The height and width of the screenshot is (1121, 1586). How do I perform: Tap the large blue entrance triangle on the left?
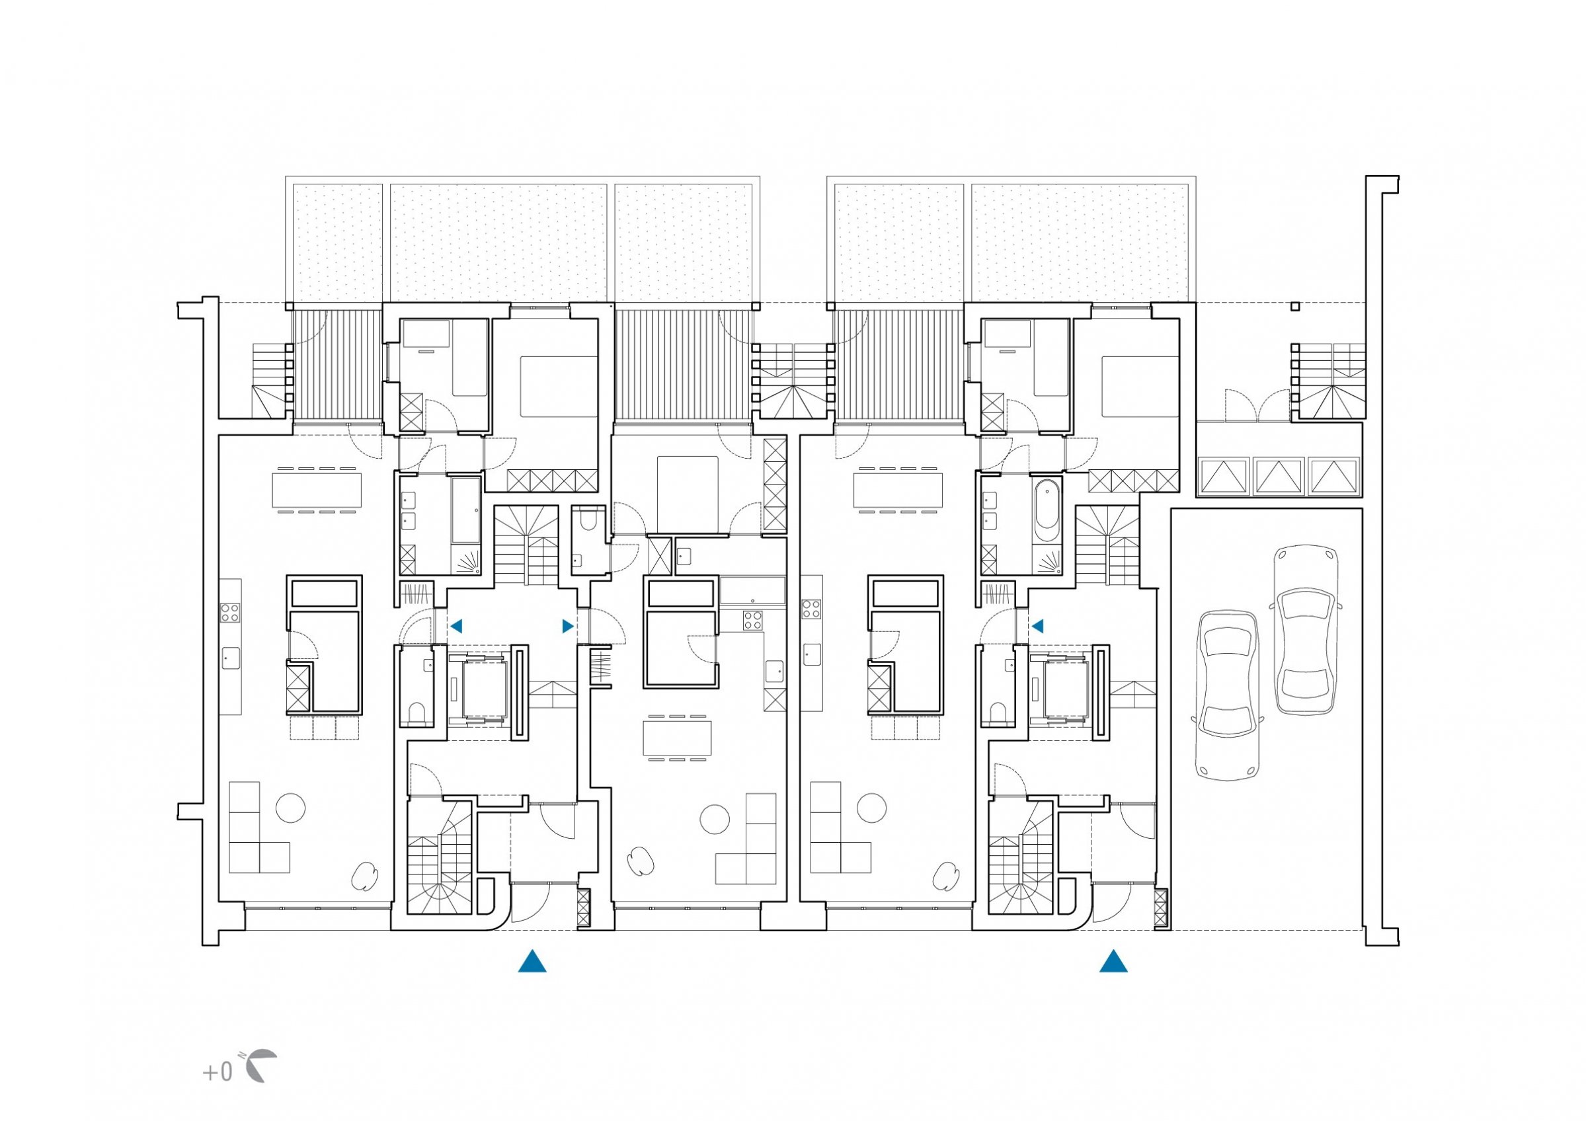(x=532, y=961)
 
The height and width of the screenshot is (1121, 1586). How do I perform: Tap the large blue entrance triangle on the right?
(x=1113, y=961)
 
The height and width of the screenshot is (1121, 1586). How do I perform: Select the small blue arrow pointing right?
(x=568, y=626)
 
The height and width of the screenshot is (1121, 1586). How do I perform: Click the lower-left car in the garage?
(x=1228, y=695)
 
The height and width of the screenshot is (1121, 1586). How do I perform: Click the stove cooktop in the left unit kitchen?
(x=230, y=612)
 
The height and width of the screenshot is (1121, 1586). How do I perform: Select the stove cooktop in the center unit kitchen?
(x=752, y=619)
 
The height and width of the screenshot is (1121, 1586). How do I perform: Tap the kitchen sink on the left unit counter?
(x=231, y=658)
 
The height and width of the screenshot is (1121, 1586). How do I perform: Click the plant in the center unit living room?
(x=641, y=862)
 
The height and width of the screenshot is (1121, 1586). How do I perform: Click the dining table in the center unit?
(x=677, y=738)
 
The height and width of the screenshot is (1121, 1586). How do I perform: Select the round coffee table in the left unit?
(x=290, y=808)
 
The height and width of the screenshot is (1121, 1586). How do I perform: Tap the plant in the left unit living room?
(x=365, y=876)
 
